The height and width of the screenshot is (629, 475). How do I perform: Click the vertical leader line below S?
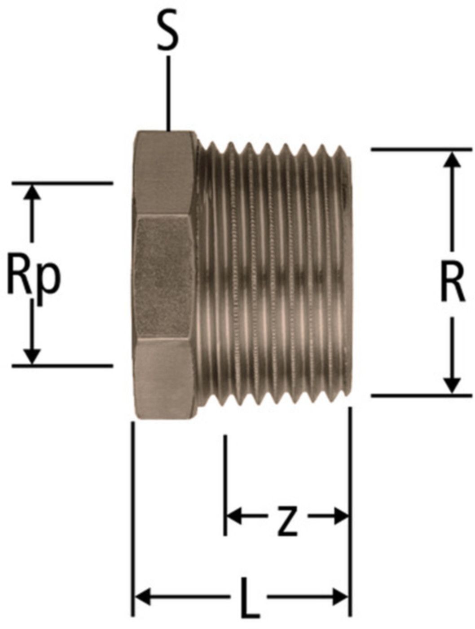[168, 93]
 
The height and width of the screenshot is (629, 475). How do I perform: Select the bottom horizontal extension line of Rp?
[62, 366]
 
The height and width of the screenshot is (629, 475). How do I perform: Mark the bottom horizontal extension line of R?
[421, 395]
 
